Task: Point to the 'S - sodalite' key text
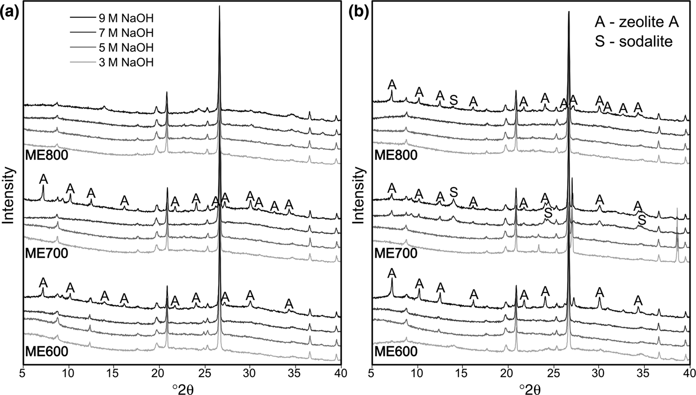633,42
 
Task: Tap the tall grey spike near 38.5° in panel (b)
677,234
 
